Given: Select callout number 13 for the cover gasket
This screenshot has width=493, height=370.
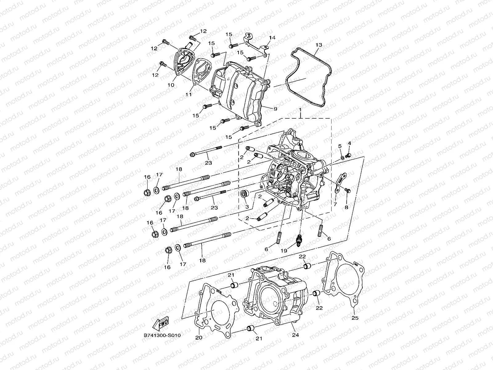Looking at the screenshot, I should [x=319, y=45].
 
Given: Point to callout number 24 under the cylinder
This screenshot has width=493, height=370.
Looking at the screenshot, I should [x=295, y=335].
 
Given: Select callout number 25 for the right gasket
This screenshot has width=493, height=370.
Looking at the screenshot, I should [x=355, y=318].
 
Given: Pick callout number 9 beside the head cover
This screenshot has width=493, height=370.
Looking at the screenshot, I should [x=275, y=109].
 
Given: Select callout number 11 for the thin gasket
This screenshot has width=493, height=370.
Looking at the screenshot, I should [x=188, y=94].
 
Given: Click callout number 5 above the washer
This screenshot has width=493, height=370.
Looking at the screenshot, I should [x=340, y=146].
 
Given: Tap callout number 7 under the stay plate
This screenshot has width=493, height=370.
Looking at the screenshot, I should [x=335, y=204].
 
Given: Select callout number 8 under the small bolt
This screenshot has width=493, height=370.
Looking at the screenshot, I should [x=346, y=208].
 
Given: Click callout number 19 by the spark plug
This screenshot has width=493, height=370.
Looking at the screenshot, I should [x=283, y=251].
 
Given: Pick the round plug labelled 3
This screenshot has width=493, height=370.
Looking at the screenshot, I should [x=245, y=194].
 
